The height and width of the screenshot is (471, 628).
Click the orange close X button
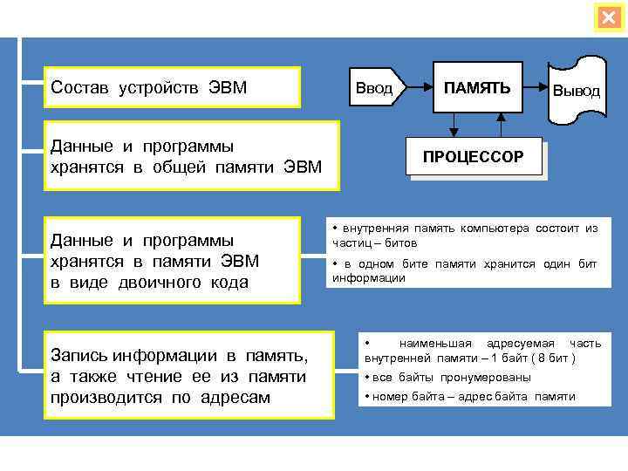(608, 17)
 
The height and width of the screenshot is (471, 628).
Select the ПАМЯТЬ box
(477, 88)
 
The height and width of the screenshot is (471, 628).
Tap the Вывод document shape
(576, 90)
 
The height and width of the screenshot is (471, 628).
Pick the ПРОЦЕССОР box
(473, 157)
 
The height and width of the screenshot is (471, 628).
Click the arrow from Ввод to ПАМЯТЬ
(420, 88)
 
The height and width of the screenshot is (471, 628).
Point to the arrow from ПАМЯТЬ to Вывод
(535, 88)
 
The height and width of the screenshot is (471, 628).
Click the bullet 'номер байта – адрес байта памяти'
(469, 396)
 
